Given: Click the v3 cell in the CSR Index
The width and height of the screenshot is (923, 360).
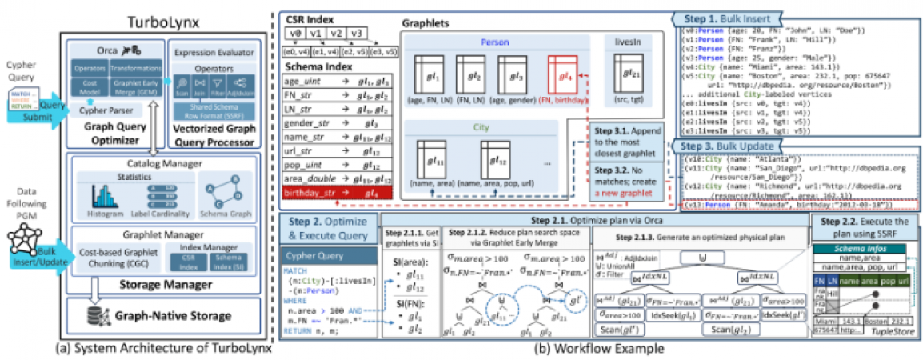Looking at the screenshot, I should pos(358,34).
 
